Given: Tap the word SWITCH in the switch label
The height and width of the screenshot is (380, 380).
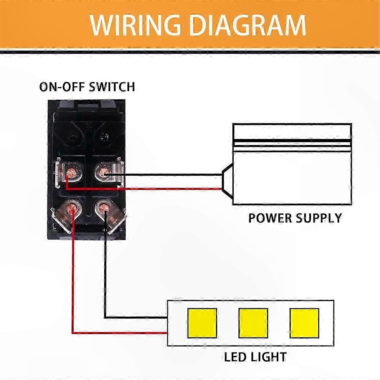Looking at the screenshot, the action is pos(112,87).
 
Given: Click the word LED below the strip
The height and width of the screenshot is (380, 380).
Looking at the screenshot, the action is pos(235,357).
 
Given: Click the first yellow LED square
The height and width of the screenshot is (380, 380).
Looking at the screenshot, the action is pos(202,323).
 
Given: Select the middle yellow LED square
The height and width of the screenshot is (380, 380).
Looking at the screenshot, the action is pos(253,323).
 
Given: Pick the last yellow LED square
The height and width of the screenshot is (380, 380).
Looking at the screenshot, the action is pos(304,323).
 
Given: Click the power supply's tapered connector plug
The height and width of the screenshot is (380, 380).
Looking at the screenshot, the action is pos(228,182).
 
